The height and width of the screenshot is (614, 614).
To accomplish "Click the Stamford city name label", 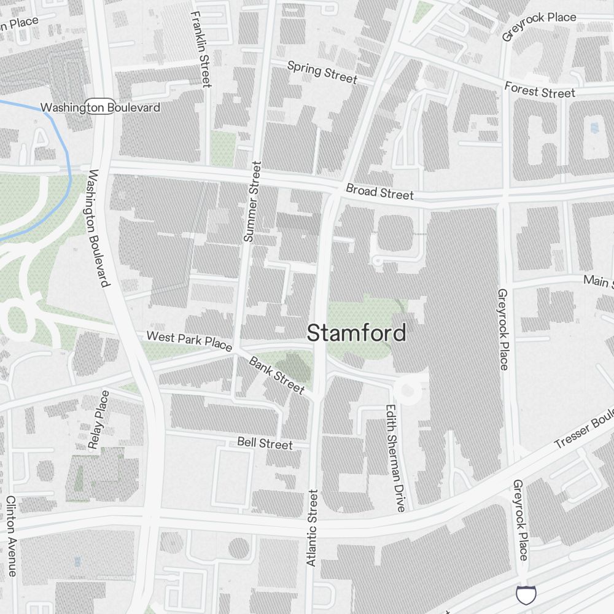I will (356, 333).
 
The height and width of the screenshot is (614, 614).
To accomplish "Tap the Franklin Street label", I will (201, 49).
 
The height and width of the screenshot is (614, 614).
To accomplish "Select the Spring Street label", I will (322, 72).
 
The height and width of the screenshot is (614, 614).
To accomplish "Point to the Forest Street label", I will (540, 90).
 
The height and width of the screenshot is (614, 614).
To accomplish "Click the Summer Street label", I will (252, 201).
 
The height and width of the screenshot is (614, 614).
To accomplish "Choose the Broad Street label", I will (379, 192).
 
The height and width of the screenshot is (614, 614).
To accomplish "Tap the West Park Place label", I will (188, 341).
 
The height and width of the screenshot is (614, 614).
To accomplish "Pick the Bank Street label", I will (276, 375).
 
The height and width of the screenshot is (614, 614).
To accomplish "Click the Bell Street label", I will (265, 443).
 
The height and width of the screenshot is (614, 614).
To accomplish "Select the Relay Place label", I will (99, 419).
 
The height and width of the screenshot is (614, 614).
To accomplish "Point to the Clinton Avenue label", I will (11, 536).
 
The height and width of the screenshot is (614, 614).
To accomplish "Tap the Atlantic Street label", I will (313, 527).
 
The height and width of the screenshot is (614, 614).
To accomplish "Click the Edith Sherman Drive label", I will (395, 457).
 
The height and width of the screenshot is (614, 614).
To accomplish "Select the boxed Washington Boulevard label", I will (100, 107).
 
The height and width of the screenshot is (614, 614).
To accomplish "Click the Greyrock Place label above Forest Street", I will (538, 25).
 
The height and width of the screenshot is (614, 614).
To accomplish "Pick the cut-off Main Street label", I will (598, 281).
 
